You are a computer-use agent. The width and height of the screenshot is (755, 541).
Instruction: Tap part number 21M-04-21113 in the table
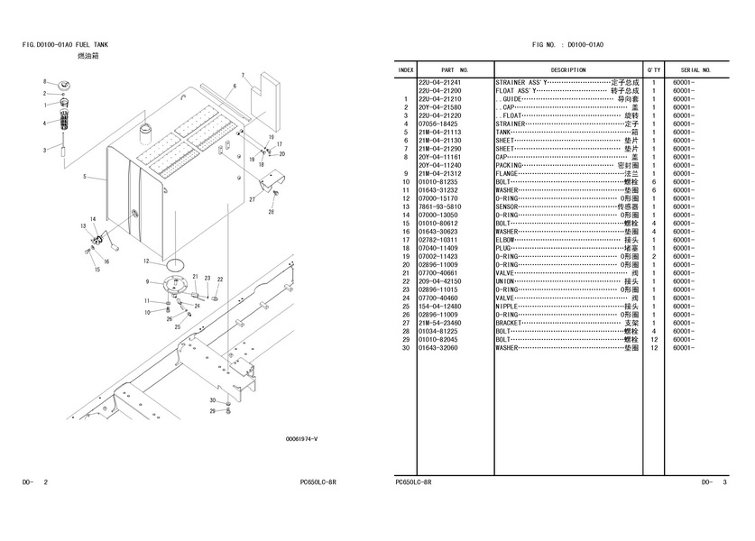point(439,132)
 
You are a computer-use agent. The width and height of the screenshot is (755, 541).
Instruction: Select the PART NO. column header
point(454,69)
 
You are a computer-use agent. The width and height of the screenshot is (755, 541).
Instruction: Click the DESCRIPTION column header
point(567,69)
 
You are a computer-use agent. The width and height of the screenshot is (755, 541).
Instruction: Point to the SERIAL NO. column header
point(695,69)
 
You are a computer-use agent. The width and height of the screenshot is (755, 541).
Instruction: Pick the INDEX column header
point(406,69)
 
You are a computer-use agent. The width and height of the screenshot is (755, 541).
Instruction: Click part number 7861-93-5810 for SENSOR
point(439,206)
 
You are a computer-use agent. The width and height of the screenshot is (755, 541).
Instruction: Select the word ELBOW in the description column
point(507,240)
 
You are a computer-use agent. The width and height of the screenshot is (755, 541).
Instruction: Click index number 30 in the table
point(407,347)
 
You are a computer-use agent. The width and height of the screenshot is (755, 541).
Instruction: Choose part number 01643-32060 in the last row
point(439,347)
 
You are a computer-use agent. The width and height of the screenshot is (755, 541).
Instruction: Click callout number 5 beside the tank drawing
point(84,177)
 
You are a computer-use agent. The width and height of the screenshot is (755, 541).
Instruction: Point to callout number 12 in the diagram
point(145,261)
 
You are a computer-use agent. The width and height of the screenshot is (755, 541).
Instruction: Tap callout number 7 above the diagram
point(243,75)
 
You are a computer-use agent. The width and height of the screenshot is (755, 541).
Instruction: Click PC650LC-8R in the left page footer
point(318,482)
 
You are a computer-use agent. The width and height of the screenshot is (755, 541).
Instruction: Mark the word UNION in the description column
point(505,281)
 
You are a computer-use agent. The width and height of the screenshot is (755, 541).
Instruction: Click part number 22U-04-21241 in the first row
point(439,82)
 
